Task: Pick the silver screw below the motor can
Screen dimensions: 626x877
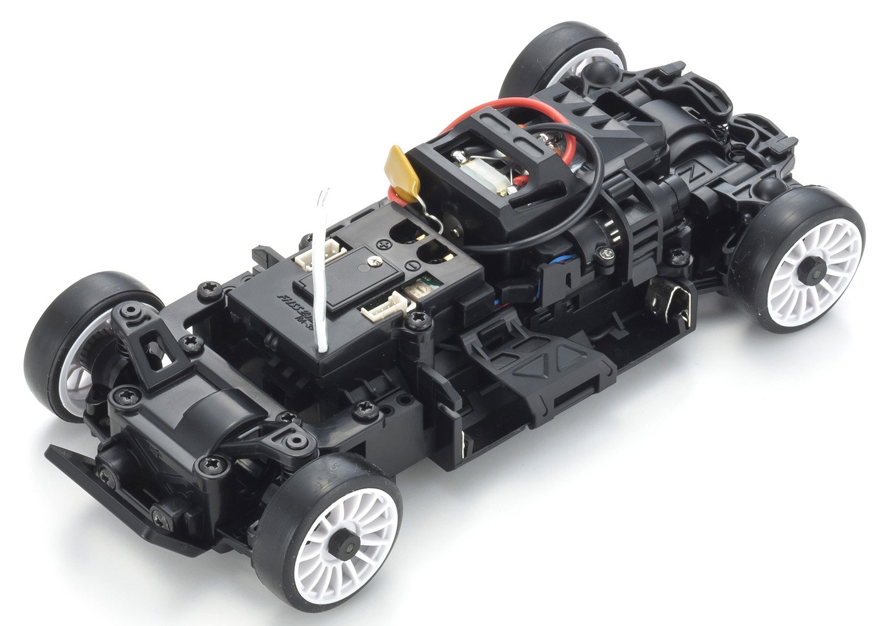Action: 605,254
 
